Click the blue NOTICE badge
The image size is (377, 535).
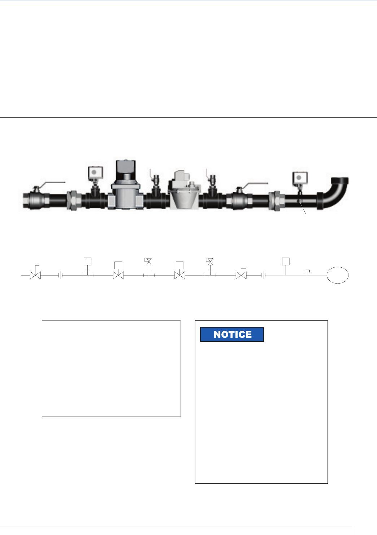[x=232, y=334]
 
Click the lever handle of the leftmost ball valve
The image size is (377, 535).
[x=52, y=184]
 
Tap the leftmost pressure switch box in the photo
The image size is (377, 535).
[x=95, y=172]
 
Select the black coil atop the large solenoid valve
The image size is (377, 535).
[x=126, y=170]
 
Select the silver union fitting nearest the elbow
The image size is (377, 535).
[x=277, y=200]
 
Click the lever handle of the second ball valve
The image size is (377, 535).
[x=255, y=185]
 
